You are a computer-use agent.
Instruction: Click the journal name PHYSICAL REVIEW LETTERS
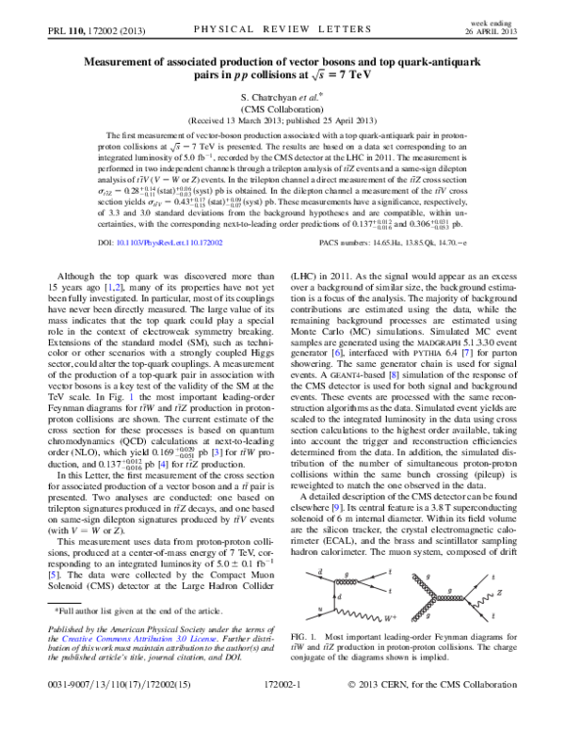tap(282, 30)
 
